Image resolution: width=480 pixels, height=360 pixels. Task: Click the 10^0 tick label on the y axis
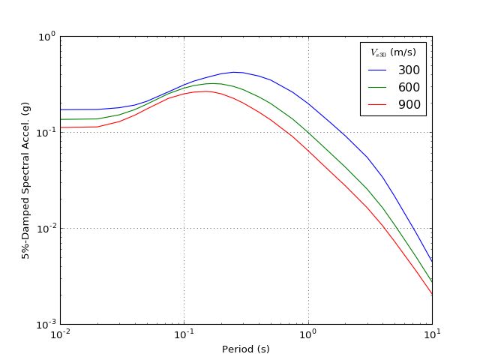tap(46, 35)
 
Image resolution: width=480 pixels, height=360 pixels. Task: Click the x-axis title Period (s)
tap(246, 349)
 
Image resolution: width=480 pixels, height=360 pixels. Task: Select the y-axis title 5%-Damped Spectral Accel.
tap(25, 180)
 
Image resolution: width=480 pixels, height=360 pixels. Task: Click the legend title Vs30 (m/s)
tap(393, 52)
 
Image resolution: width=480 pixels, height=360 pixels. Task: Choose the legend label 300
tap(409, 70)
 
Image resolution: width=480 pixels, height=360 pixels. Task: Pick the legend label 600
tap(409, 87)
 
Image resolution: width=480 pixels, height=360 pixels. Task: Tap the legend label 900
tap(409, 104)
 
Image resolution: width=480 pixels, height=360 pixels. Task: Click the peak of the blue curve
tap(235, 72)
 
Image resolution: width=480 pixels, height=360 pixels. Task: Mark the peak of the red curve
tap(205, 91)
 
